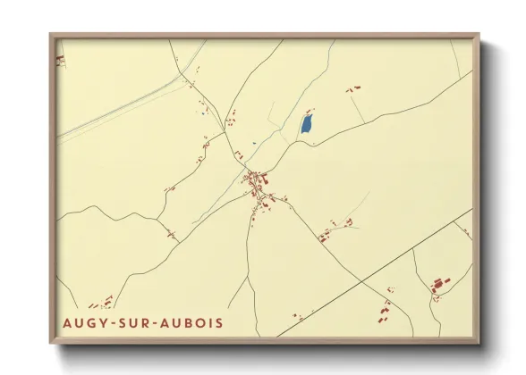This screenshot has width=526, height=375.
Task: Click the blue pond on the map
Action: click(x=307, y=123)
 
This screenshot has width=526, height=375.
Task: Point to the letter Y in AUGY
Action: click(x=104, y=321)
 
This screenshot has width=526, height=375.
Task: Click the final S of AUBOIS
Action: click(x=220, y=321)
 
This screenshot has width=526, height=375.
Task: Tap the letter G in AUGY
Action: click(x=92, y=321)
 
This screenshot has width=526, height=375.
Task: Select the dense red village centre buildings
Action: click(x=259, y=183)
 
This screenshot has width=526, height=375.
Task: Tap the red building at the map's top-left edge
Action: click(x=61, y=59)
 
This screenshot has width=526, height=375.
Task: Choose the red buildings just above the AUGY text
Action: click(x=103, y=302)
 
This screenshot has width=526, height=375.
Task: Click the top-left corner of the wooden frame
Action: click(x=52, y=37)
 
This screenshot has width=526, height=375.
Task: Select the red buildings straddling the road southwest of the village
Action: click(x=170, y=235)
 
